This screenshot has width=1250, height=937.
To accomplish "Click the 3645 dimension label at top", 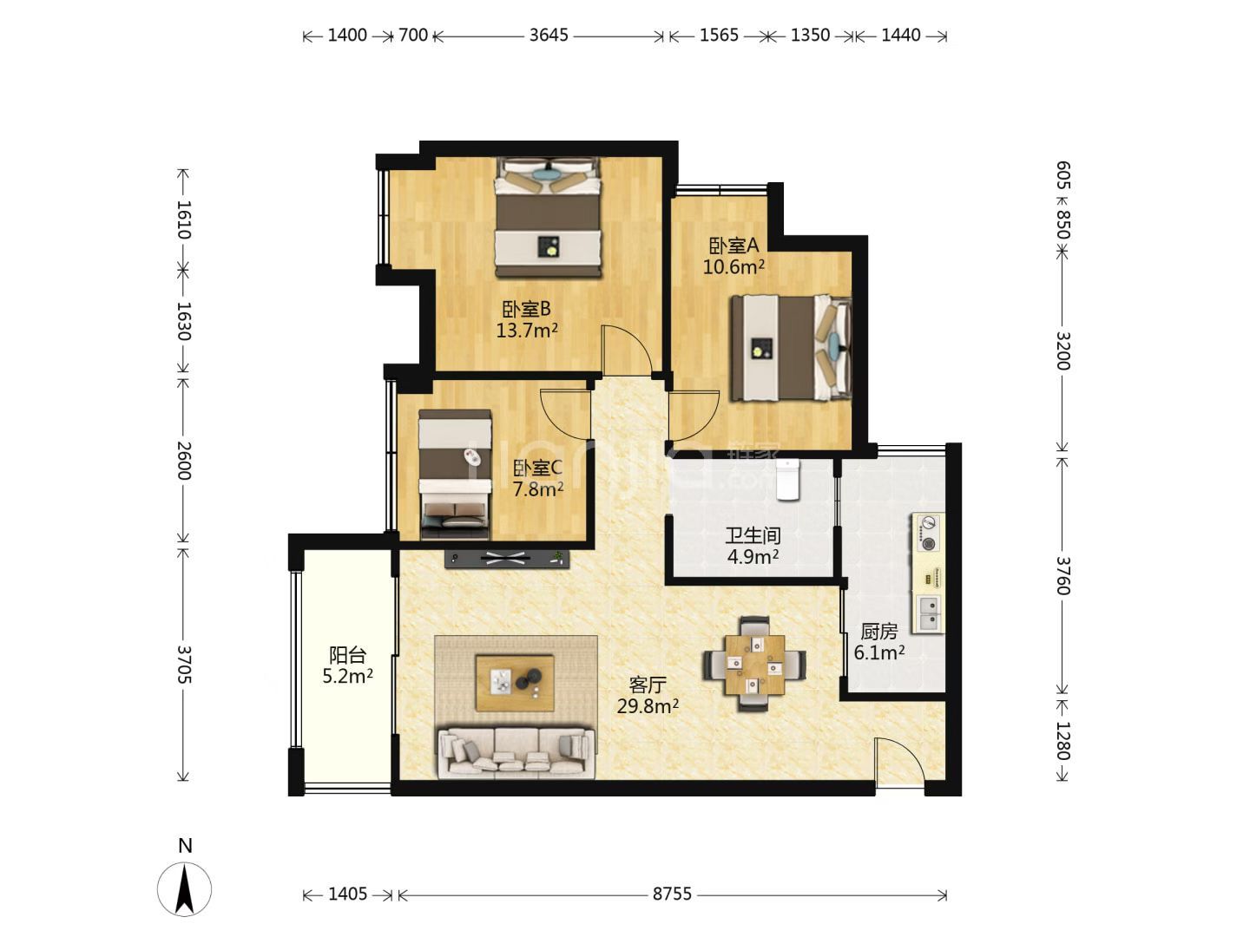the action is coord(549,36).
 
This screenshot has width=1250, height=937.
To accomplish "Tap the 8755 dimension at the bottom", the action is coord(672,894).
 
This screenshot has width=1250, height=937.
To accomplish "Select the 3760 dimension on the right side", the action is coord(1063,575).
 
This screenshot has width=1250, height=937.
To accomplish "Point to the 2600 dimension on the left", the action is coord(183,460).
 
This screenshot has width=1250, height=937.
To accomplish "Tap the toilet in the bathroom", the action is coord(788,480).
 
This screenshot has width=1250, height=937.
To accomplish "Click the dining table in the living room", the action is coord(754,664).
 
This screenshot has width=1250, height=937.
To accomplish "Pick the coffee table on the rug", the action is coord(515,683).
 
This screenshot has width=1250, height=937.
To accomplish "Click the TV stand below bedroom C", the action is coord(507,559).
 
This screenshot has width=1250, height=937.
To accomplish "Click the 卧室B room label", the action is coord(526,309).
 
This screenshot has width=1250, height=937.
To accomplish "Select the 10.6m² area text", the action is coord(734,266).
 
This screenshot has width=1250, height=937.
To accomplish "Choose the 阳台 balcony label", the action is coord(347,655).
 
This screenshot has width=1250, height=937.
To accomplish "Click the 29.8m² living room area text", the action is coord(648,706).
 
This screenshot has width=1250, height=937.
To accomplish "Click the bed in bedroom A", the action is coord(791,348).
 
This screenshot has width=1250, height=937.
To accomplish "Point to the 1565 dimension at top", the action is coord(719,36).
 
